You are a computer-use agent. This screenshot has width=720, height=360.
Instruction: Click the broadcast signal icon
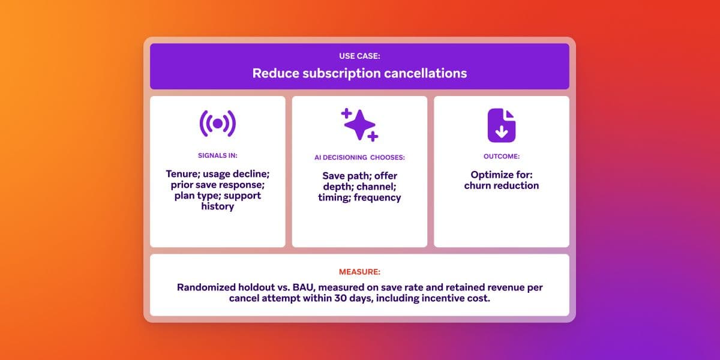tap(217, 124)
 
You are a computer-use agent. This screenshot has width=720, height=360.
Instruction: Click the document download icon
tap(501, 125)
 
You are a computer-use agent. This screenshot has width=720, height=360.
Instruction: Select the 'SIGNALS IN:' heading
tap(217, 155)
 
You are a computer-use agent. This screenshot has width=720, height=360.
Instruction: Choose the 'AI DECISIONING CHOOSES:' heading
tap(359, 157)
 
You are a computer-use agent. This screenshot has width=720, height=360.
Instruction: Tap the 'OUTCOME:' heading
tap(501, 156)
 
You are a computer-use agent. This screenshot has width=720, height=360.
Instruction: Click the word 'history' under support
tap(217, 206)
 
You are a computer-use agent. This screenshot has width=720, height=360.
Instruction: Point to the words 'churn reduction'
tap(501, 185)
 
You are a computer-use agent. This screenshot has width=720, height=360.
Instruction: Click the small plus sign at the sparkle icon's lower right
tap(373, 137)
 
